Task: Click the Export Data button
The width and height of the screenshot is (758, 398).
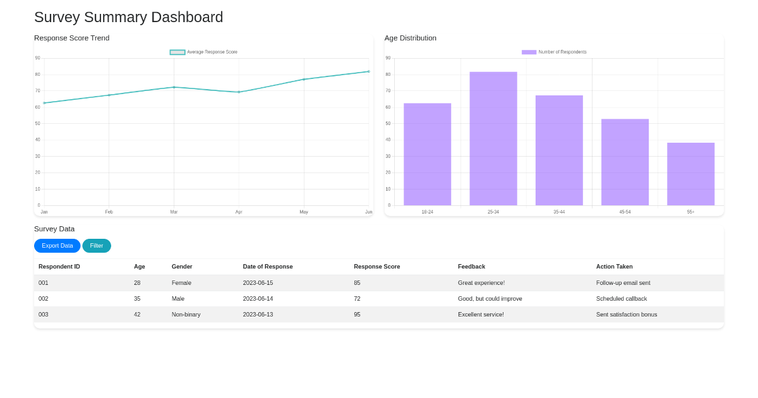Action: click(x=57, y=246)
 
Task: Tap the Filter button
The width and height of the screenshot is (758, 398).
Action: click(x=97, y=246)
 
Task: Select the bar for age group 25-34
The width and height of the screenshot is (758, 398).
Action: click(x=493, y=138)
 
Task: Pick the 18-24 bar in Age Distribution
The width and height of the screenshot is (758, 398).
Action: click(x=427, y=154)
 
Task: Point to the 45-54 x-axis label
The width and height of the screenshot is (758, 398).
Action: click(x=625, y=212)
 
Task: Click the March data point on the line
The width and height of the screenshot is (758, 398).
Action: click(x=174, y=87)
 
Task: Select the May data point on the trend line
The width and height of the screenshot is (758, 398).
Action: click(x=304, y=80)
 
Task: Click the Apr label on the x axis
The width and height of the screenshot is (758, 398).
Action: click(x=239, y=212)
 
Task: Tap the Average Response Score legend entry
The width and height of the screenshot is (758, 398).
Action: click(x=204, y=52)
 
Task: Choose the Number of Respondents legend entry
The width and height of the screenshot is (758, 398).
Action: click(x=554, y=52)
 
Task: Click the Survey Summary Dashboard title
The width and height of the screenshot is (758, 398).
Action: click(x=128, y=17)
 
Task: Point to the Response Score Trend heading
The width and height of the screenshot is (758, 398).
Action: click(x=71, y=38)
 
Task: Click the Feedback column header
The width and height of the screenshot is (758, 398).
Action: click(x=471, y=267)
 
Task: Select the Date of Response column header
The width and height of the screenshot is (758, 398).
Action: click(x=268, y=267)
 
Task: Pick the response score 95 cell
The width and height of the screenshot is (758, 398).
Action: click(x=358, y=315)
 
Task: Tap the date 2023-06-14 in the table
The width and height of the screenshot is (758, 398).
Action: click(x=258, y=299)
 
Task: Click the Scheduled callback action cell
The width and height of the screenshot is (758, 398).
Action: click(x=622, y=299)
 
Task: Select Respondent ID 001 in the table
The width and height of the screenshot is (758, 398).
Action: click(x=44, y=283)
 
